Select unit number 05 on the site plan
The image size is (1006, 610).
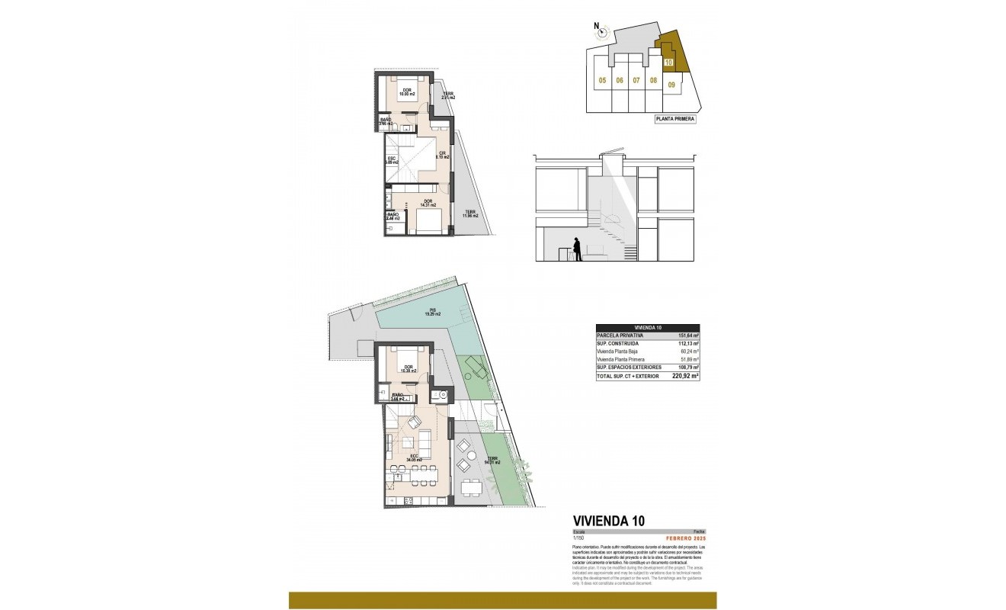coord(602,80)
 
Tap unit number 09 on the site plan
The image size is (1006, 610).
coord(671,85)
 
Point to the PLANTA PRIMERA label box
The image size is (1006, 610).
coord(675,119)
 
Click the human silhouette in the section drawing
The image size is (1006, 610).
coord(578,249)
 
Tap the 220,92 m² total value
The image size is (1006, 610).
coord(685,376)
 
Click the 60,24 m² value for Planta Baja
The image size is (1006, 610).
coord(688,352)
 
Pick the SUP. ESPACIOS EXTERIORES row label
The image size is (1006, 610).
coord(630,368)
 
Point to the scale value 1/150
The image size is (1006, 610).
coord(578,538)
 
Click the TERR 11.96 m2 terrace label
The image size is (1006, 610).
coord(469,213)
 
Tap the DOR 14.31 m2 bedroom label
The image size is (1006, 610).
coord(428,203)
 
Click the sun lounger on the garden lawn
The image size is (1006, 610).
coord(477,369)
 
